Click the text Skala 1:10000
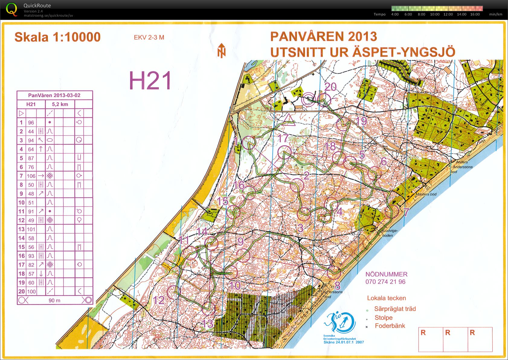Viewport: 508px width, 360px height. pos(57,37)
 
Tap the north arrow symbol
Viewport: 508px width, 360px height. pos(221,50)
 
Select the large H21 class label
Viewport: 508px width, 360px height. pos(150,80)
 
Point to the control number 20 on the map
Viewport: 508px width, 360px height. pos(330,87)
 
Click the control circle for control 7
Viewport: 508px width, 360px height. pos(392,211)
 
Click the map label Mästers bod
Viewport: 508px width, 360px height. pos(426,194)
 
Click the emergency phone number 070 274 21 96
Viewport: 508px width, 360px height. pos(385,282)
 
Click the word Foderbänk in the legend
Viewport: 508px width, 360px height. pos(390,326)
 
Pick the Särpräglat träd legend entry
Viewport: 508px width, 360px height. pos(395,309)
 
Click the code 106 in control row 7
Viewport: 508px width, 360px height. pos(31,176)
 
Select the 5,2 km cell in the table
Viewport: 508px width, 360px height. pos(60,104)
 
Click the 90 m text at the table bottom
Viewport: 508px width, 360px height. pos(54,300)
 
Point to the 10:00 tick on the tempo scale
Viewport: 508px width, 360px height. pos(435,14)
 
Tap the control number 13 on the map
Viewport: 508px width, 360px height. pos(207,323)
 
